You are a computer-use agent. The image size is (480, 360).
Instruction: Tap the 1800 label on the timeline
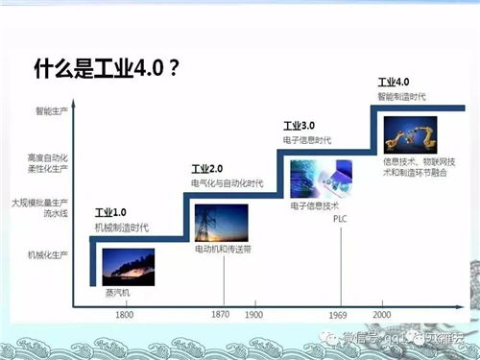tap(124, 315)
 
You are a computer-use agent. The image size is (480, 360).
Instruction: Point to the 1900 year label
tap(254, 315)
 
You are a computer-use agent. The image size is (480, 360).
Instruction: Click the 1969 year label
tap(339, 315)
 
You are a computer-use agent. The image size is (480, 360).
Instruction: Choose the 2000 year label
tap(380, 315)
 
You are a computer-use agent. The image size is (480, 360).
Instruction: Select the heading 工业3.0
tap(300, 126)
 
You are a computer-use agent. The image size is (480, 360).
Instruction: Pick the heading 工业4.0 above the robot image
tap(394, 84)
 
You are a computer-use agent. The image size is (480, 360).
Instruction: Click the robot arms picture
tap(409, 133)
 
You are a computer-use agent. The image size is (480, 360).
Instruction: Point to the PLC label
tap(339, 219)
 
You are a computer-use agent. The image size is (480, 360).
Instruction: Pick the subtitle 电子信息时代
tap(306, 141)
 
